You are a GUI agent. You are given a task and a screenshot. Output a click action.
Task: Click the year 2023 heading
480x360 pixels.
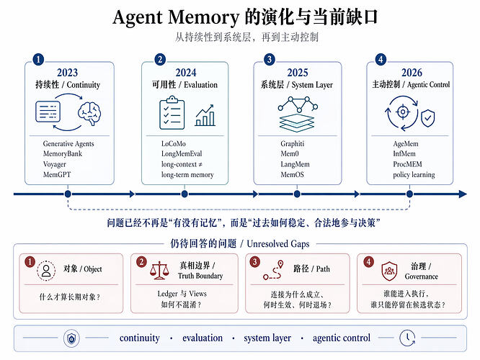click(x=67, y=73)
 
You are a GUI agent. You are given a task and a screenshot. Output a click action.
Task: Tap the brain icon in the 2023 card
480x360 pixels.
click(x=89, y=114)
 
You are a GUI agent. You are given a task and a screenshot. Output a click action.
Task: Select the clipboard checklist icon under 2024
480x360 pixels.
click(x=172, y=112)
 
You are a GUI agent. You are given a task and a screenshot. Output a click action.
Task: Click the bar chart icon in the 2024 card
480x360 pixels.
click(x=205, y=115)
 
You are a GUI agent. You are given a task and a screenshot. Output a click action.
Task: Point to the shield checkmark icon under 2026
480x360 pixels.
click(x=427, y=118)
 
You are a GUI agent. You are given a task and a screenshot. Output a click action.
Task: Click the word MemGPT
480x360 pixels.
click(x=57, y=175)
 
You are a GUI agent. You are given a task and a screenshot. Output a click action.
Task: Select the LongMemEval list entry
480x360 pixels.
click(x=182, y=153)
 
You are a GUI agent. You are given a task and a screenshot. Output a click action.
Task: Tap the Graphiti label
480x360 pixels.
click(x=293, y=143)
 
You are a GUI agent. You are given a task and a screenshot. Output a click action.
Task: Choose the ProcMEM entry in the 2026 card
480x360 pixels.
click(x=407, y=164)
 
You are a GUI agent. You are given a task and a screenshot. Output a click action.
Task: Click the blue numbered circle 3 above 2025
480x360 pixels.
click(x=270, y=59)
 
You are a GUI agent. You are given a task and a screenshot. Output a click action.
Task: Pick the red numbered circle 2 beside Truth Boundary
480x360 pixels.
click(x=141, y=262)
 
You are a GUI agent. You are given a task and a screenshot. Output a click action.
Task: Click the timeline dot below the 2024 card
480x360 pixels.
click(x=185, y=194)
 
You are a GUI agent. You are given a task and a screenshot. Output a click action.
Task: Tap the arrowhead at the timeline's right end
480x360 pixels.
click(x=463, y=194)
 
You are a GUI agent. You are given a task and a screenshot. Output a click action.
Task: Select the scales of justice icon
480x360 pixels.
click(x=159, y=271)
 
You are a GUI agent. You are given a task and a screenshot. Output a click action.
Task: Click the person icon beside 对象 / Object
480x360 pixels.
click(x=46, y=271)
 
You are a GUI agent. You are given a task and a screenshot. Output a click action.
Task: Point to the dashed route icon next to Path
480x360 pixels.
click(x=273, y=270)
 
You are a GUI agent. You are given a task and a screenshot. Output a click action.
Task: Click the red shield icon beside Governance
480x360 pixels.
click(x=389, y=271)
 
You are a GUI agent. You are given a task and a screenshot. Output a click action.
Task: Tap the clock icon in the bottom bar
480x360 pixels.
click(x=407, y=338)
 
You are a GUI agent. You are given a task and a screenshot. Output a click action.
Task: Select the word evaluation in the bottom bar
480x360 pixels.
click(x=203, y=338)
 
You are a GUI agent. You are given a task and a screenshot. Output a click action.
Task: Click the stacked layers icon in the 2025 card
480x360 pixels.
click(x=297, y=123)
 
